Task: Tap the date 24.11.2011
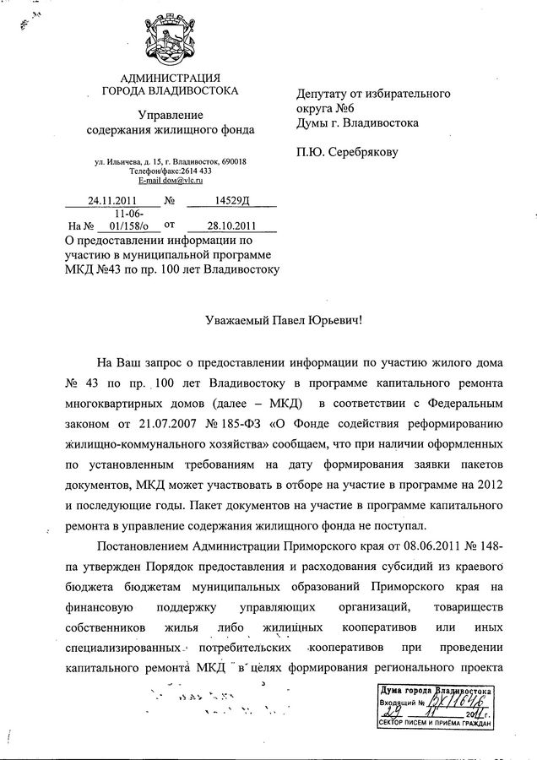[112, 201]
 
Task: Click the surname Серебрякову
[361, 152]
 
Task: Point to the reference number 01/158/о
[123, 225]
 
